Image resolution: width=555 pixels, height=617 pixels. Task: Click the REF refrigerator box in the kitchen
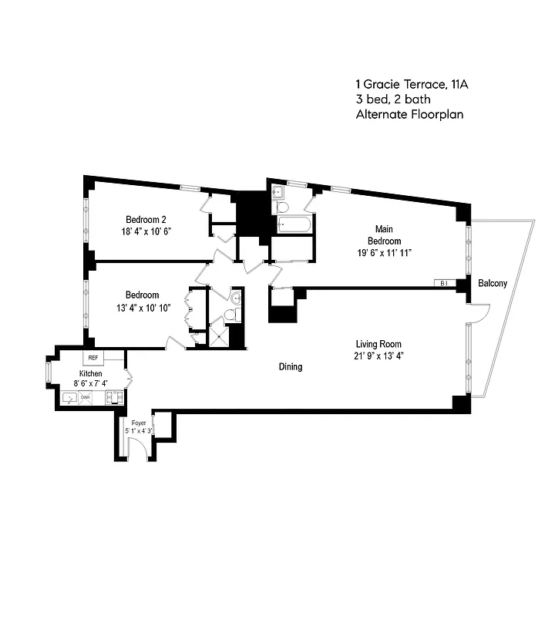93,358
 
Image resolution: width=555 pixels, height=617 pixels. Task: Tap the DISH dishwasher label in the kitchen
86,397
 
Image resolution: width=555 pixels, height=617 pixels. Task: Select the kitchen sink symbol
70,398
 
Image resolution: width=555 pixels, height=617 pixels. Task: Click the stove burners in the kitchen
113,397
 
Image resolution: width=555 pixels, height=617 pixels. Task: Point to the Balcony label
493,284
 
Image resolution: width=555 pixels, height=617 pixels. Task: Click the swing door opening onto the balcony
479,312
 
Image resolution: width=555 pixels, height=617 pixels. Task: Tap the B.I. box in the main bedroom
445,283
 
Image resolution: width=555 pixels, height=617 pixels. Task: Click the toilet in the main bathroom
282,207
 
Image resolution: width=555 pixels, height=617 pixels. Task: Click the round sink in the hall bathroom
235,298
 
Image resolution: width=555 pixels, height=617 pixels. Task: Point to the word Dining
291,367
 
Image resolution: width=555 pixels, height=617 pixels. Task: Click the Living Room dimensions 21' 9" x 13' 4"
378,356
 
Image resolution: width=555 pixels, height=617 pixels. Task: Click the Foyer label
139,423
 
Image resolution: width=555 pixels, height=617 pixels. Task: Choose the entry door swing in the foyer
138,452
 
